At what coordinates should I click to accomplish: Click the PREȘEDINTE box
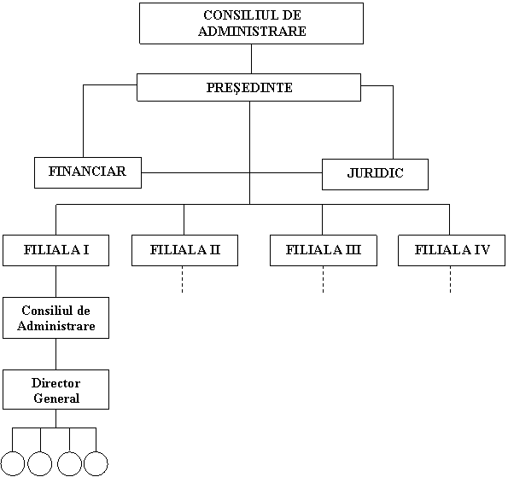(248, 87)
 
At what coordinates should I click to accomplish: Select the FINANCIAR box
(88, 172)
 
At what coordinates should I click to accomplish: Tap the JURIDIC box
(375, 174)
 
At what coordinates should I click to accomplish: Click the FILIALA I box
(55, 250)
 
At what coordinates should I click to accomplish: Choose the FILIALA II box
(184, 250)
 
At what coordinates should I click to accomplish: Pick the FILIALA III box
(324, 250)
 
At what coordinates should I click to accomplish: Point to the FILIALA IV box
(452, 250)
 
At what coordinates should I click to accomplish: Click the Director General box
(55, 390)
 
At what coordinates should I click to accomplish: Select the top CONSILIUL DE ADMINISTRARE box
(251, 23)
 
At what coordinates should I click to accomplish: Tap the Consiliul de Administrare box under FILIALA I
(55, 318)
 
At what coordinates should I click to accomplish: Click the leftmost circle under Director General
(12, 463)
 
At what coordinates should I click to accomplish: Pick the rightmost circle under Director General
(96, 463)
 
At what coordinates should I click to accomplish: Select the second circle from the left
(40, 463)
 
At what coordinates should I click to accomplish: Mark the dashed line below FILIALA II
(183, 280)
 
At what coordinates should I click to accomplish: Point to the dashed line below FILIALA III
(323, 280)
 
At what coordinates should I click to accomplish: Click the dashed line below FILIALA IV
(450, 280)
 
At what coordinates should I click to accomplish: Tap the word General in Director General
(56, 398)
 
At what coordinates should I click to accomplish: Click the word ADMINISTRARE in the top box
(252, 31)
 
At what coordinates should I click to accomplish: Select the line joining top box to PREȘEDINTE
(251, 59)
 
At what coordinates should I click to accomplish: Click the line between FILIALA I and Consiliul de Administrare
(55, 282)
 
